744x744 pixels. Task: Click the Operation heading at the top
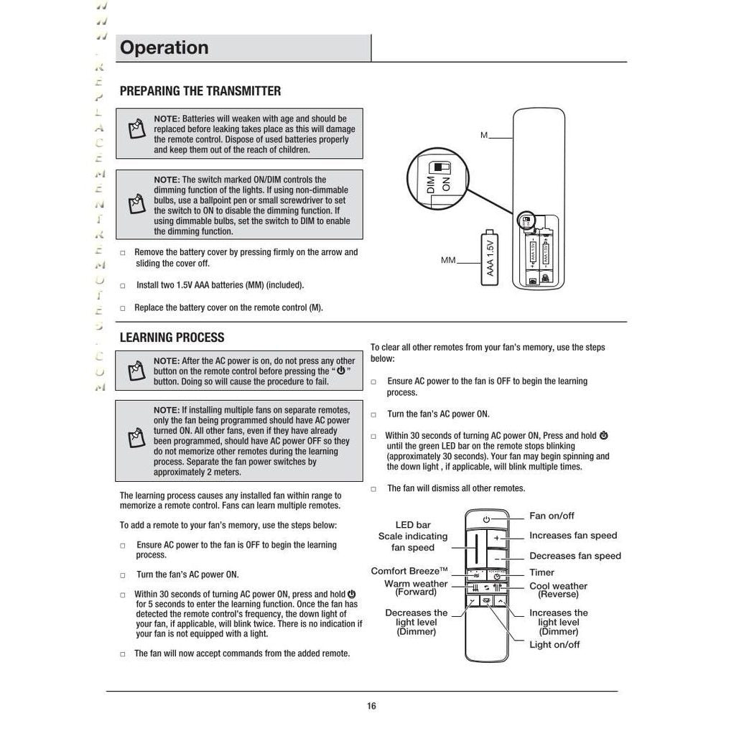(164, 48)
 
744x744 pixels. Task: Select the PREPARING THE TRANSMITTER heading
(200, 91)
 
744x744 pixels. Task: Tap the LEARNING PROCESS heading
(172, 338)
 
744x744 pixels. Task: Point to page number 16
(371, 706)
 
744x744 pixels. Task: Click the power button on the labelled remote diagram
(486, 519)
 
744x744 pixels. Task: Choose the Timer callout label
(541, 572)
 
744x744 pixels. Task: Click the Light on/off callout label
(554, 645)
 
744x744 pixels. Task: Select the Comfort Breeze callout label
(409, 572)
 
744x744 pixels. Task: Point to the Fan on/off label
(552, 516)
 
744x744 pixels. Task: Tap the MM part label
(448, 260)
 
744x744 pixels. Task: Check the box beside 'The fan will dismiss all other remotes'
(373, 489)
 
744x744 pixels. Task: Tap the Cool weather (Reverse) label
(558, 590)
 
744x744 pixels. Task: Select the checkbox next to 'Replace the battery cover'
(123, 308)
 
